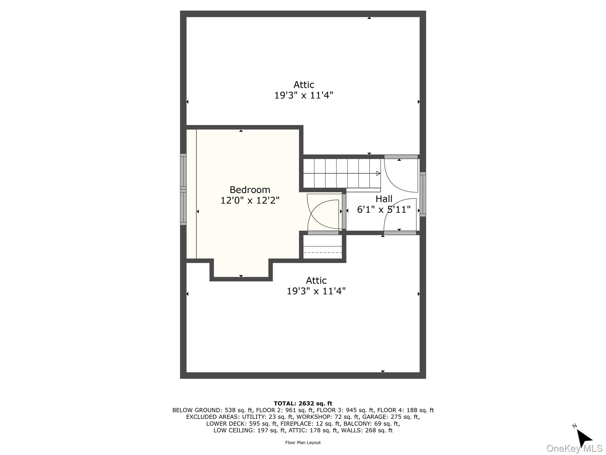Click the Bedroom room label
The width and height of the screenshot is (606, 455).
coord(250,190)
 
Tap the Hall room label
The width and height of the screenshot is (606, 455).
coord(384,199)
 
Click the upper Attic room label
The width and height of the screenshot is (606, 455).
coord(304,85)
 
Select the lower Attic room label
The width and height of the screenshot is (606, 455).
coord(316,281)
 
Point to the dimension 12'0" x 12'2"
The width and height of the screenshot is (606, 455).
coord(250,201)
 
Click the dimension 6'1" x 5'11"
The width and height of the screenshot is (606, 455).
coord(384,210)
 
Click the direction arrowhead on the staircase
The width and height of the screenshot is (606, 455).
coord(378,173)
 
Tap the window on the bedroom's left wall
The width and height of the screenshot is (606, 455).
coord(183,189)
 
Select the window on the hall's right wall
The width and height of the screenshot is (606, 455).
coord(423,194)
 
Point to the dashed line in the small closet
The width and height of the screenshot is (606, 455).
coord(323,253)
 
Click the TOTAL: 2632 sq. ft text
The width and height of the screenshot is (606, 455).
coord(303,403)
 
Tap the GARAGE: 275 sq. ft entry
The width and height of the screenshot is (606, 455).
coord(391,417)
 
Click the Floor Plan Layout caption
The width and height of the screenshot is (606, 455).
coord(303,443)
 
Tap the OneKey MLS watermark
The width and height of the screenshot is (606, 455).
coord(574,448)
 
